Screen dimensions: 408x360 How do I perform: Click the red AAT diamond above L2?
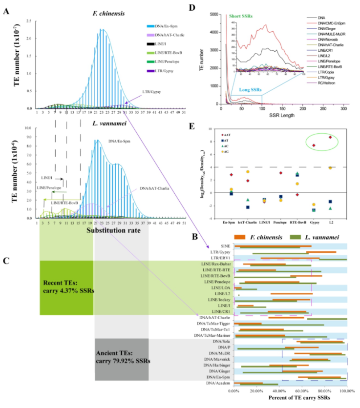(330, 137)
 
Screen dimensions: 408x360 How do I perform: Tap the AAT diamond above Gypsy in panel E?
(314, 145)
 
